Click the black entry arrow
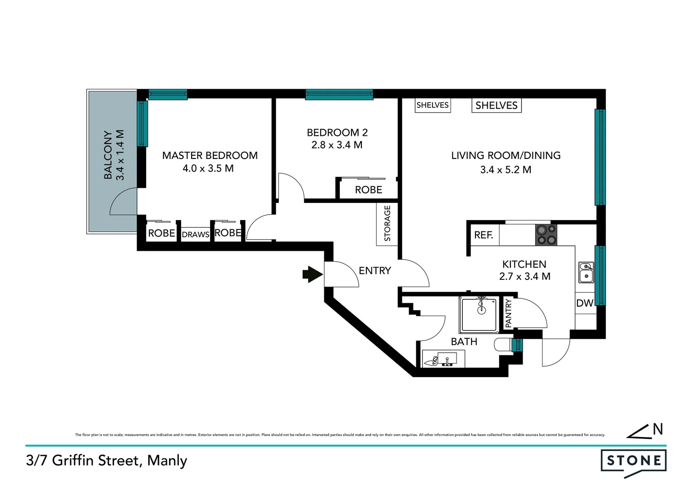pos(312,274)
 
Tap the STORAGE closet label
pos(387,223)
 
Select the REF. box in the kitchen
pos(484,235)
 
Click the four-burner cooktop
pos(546,235)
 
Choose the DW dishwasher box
pos(585,303)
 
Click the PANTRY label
pos(508,313)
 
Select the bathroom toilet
pos(503,345)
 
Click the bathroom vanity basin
pos(447,360)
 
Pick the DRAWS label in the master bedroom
pos(196,235)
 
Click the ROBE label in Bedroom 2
pos(368,190)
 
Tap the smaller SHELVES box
pos(432,105)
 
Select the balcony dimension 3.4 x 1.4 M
pos(120,155)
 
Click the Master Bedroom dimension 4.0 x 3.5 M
pos(208,168)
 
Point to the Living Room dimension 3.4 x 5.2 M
pos(506,170)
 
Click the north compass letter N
pos(658,429)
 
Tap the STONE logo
pos(634,461)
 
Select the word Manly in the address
pos(167,460)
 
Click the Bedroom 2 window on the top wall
pos(339,95)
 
